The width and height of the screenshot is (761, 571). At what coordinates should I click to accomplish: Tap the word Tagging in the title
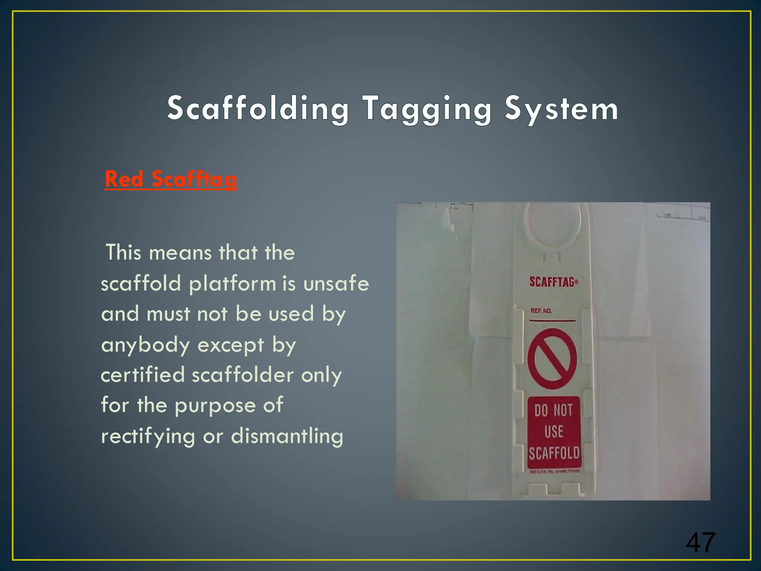tap(427, 109)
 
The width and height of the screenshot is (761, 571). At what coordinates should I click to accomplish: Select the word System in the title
tap(561, 109)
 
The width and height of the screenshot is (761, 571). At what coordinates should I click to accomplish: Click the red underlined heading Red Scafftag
tap(171, 179)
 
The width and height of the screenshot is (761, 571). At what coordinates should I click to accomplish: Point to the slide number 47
tap(700, 542)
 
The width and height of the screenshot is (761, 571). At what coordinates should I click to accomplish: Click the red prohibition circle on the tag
tap(552, 359)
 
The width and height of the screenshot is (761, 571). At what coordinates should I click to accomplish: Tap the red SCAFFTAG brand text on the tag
tap(553, 282)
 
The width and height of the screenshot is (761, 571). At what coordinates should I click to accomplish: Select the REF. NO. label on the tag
tap(541, 311)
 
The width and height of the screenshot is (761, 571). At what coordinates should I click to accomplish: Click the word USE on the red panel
tap(554, 432)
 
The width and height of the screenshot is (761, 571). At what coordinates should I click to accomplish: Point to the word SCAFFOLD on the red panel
tap(554, 454)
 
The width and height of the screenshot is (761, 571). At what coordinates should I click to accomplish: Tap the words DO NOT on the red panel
tap(554, 410)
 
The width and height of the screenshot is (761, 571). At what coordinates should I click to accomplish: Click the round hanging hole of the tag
tap(552, 222)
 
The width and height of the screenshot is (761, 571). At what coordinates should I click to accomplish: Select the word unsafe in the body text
tap(336, 283)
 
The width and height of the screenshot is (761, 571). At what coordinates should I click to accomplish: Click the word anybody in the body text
tap(146, 345)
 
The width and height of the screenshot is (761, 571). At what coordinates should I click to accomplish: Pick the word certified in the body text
tap(143, 375)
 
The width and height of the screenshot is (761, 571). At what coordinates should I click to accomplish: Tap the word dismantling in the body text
tap(287, 436)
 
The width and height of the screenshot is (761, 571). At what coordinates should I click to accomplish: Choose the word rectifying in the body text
tap(148, 436)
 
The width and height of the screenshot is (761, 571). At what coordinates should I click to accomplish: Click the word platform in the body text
tap(232, 284)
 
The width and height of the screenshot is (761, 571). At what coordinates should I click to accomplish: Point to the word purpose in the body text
tap(215, 406)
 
